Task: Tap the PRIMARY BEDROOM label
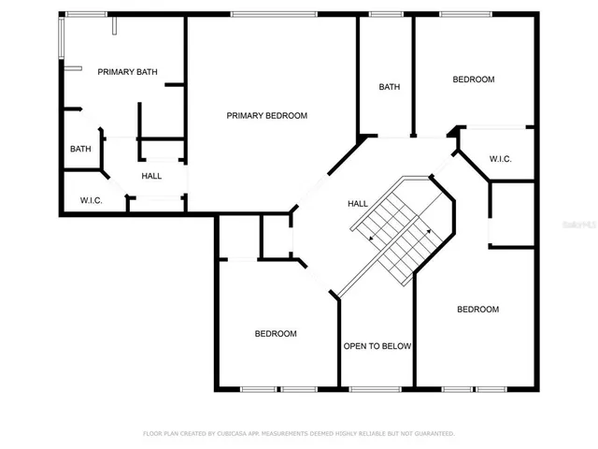(x=267, y=116)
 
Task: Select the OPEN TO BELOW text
(x=377, y=346)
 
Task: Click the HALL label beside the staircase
(x=357, y=203)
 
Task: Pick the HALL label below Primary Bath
(x=151, y=176)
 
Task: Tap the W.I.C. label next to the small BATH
(x=91, y=200)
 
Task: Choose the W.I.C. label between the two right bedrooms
(x=500, y=159)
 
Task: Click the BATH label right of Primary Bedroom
(x=390, y=87)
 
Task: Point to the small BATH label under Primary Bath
(x=80, y=149)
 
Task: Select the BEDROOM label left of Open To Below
(x=276, y=334)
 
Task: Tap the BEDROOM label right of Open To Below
(x=477, y=310)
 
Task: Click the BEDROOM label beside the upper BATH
(x=474, y=80)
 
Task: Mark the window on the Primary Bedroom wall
(x=271, y=14)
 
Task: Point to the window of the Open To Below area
(x=376, y=387)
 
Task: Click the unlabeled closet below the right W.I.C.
(x=513, y=214)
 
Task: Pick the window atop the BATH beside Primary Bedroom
(x=385, y=14)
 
